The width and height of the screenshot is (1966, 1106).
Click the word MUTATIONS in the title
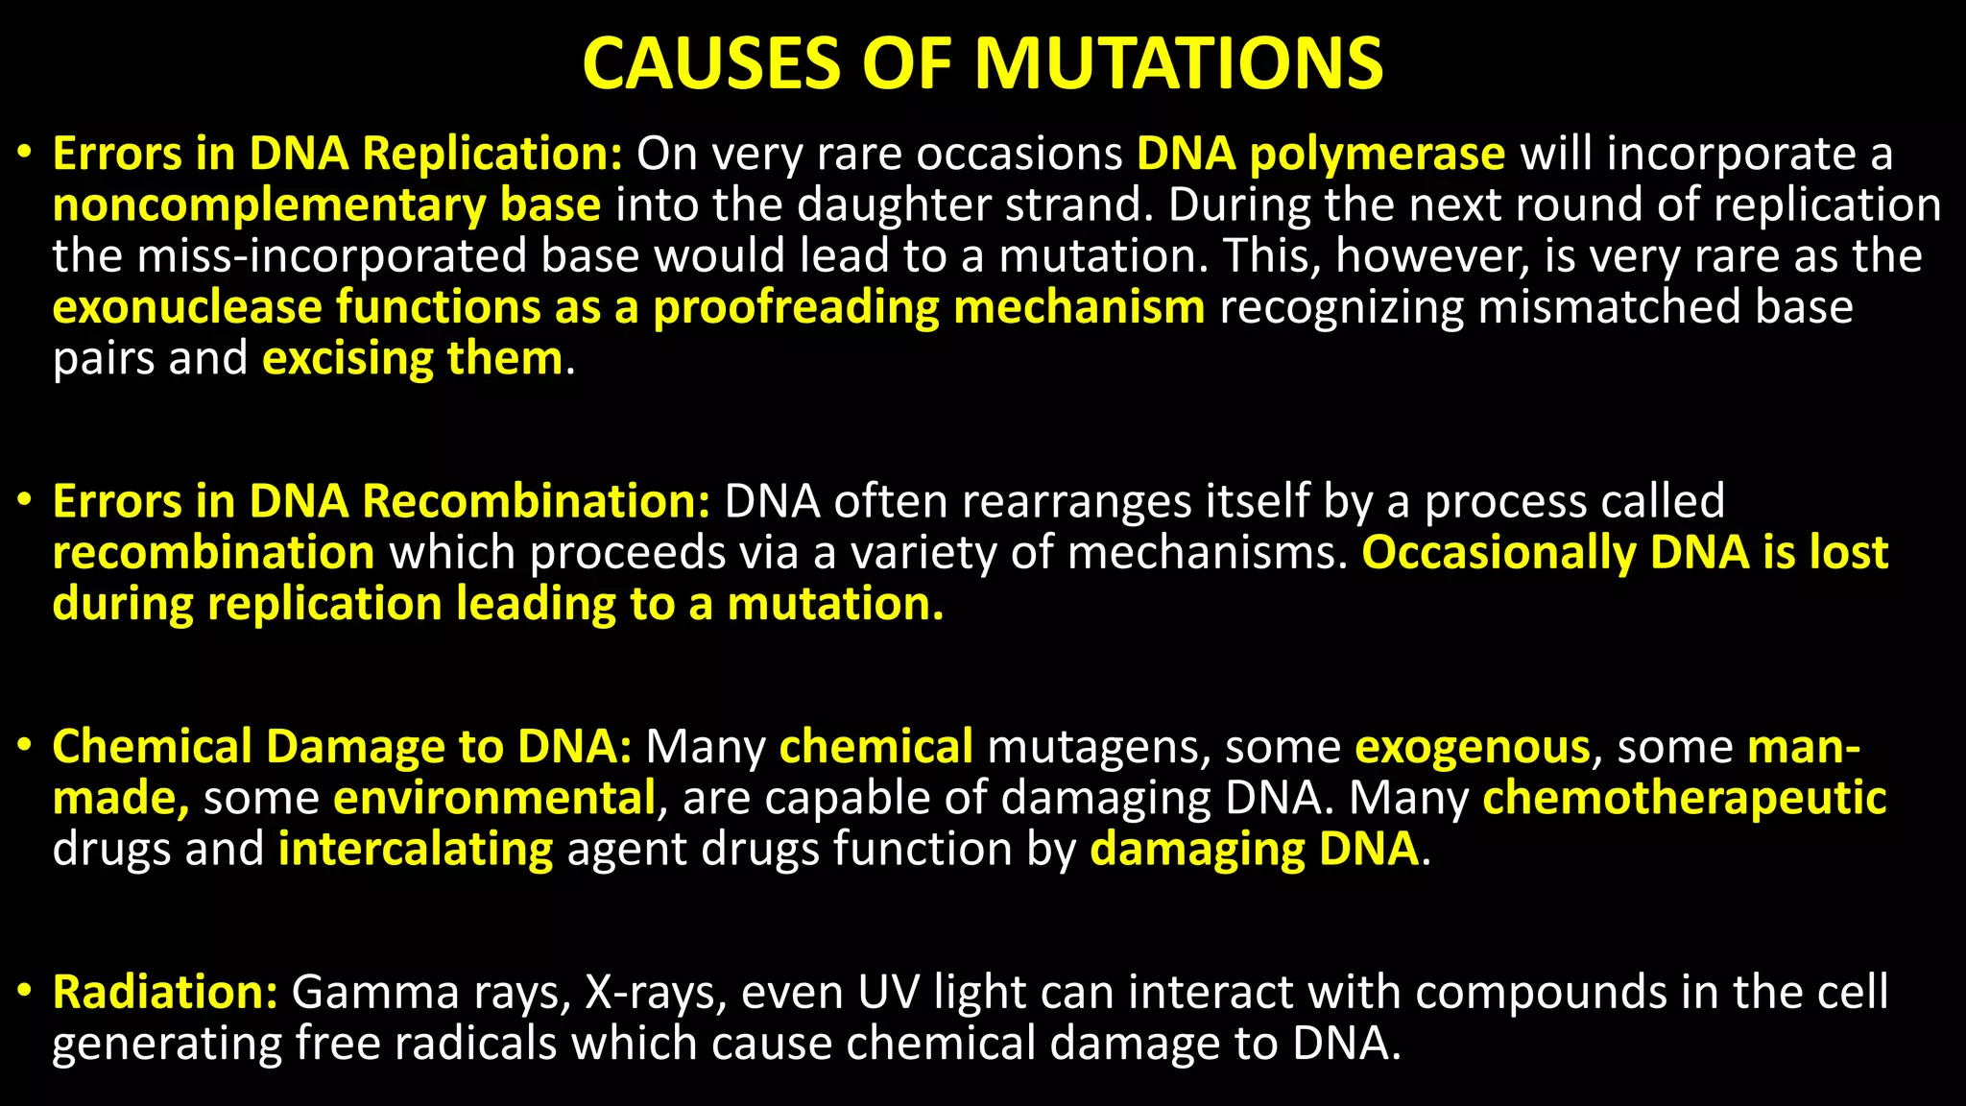coord(1179,64)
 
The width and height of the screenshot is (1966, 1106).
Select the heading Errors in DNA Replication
coord(338,154)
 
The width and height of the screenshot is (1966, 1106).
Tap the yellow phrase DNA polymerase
coord(1321,154)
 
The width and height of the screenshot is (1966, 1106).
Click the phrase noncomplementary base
coord(326,205)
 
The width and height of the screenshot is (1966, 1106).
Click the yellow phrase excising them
coord(413,359)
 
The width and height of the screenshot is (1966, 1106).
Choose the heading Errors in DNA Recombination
coord(381,501)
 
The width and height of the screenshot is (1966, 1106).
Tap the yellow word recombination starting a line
coord(213,553)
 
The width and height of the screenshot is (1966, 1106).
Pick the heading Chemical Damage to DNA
coord(342,747)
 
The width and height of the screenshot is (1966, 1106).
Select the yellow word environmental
coord(494,799)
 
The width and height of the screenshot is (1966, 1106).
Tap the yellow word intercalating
coord(416,850)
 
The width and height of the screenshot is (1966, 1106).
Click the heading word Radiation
coord(165,992)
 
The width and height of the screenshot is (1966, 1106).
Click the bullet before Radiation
coord(26,991)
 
